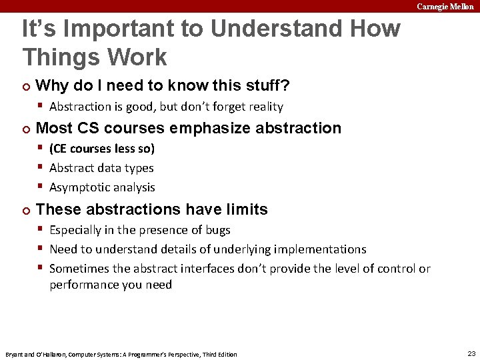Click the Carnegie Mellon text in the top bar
coord(445,6)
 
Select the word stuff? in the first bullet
coord(267,86)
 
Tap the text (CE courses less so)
coord(102,149)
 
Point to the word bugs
coord(218,230)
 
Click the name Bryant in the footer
coord(14,354)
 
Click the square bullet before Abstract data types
coord(41,167)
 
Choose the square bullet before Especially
coord(41,229)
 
